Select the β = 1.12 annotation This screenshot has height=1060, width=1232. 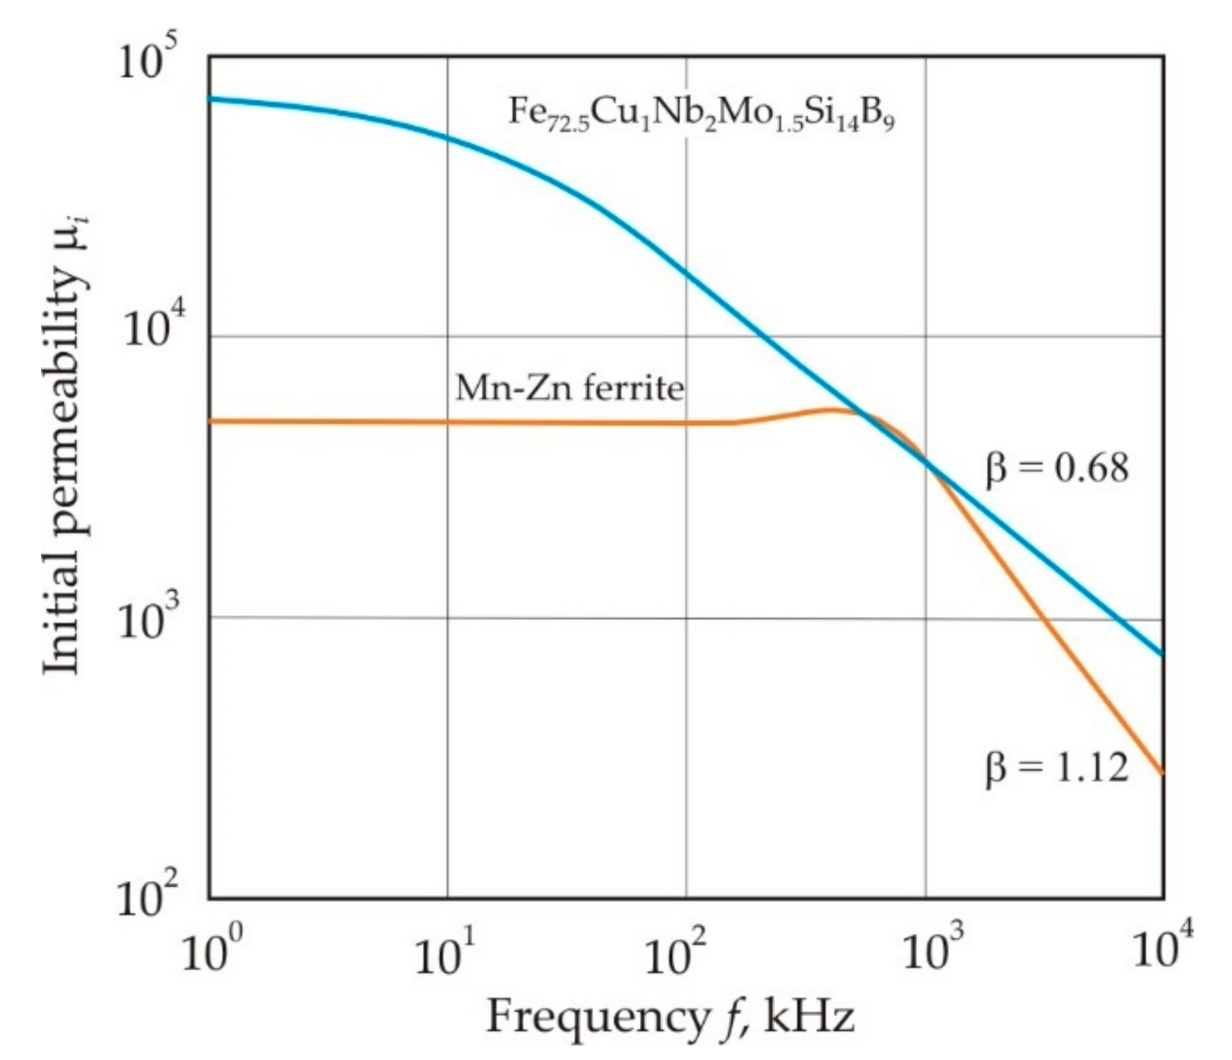[1056, 768]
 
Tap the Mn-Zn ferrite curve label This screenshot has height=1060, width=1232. [569, 389]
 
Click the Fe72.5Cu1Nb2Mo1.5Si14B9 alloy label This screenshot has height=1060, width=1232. [701, 115]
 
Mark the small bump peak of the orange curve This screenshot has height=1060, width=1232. [832, 410]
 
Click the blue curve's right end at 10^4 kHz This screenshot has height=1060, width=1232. [1163, 654]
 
